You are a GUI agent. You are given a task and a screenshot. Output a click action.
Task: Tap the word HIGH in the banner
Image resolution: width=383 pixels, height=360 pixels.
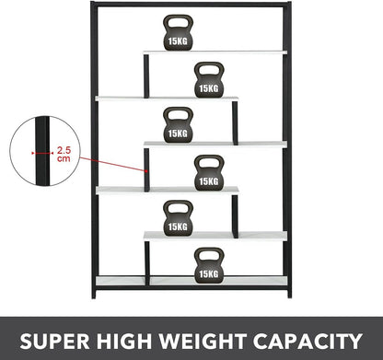(x=147, y=338)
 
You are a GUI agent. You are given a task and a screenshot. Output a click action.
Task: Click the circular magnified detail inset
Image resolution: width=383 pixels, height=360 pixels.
(x=41, y=150)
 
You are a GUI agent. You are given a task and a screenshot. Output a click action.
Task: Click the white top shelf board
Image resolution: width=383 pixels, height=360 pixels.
(x=215, y=52)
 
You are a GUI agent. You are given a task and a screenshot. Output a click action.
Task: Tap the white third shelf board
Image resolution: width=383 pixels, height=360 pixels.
(x=215, y=144)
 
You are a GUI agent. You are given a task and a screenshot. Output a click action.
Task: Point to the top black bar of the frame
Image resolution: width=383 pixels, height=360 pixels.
(x=190, y=5)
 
